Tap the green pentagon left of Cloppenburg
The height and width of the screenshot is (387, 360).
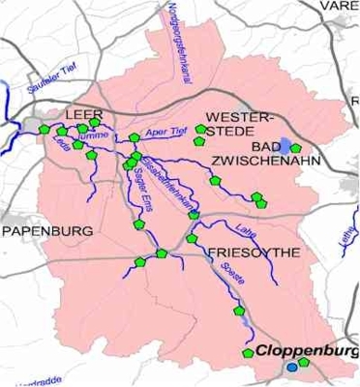(248, 353)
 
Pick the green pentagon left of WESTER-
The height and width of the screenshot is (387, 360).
(200, 129)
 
